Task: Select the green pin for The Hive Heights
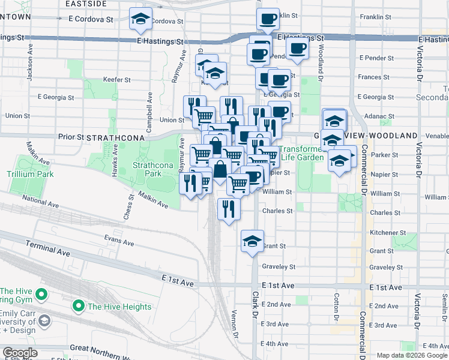(x=77, y=307)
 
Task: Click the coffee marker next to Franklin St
(x=268, y=18)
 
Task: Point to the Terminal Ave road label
(x=49, y=250)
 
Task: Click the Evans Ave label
(x=119, y=241)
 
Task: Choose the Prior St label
(x=71, y=137)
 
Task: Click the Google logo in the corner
(x=20, y=352)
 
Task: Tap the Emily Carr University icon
(x=44, y=322)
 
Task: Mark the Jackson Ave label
(x=29, y=70)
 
